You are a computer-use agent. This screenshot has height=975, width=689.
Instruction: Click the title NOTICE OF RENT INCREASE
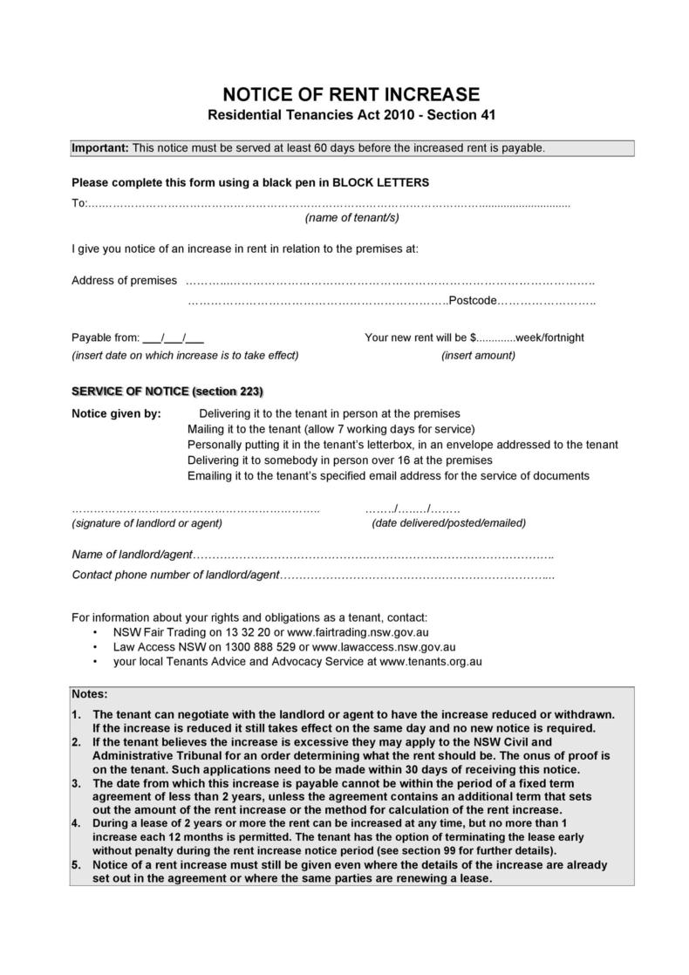(x=351, y=94)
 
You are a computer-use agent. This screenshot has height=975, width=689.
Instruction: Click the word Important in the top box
(x=99, y=147)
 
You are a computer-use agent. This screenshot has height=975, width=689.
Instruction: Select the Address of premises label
(x=124, y=280)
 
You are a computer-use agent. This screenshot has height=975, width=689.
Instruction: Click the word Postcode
(x=472, y=301)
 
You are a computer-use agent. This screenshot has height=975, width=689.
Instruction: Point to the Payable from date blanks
(x=173, y=337)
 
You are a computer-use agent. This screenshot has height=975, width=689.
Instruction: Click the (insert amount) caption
(x=478, y=355)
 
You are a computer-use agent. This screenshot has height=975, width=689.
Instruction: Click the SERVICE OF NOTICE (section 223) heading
(x=167, y=390)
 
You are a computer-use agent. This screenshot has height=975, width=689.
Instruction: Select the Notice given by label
(x=116, y=413)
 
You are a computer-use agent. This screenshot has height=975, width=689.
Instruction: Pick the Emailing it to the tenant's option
(x=388, y=476)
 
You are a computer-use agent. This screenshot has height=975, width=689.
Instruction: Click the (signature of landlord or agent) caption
(x=147, y=523)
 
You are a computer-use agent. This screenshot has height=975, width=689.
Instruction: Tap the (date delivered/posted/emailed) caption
(x=448, y=523)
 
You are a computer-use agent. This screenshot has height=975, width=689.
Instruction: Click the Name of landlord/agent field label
(x=132, y=555)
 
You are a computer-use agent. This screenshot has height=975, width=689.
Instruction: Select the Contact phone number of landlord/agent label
(x=175, y=576)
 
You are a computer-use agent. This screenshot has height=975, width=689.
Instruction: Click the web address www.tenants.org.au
(x=432, y=662)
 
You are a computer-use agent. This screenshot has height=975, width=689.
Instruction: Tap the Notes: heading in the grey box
(x=90, y=694)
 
